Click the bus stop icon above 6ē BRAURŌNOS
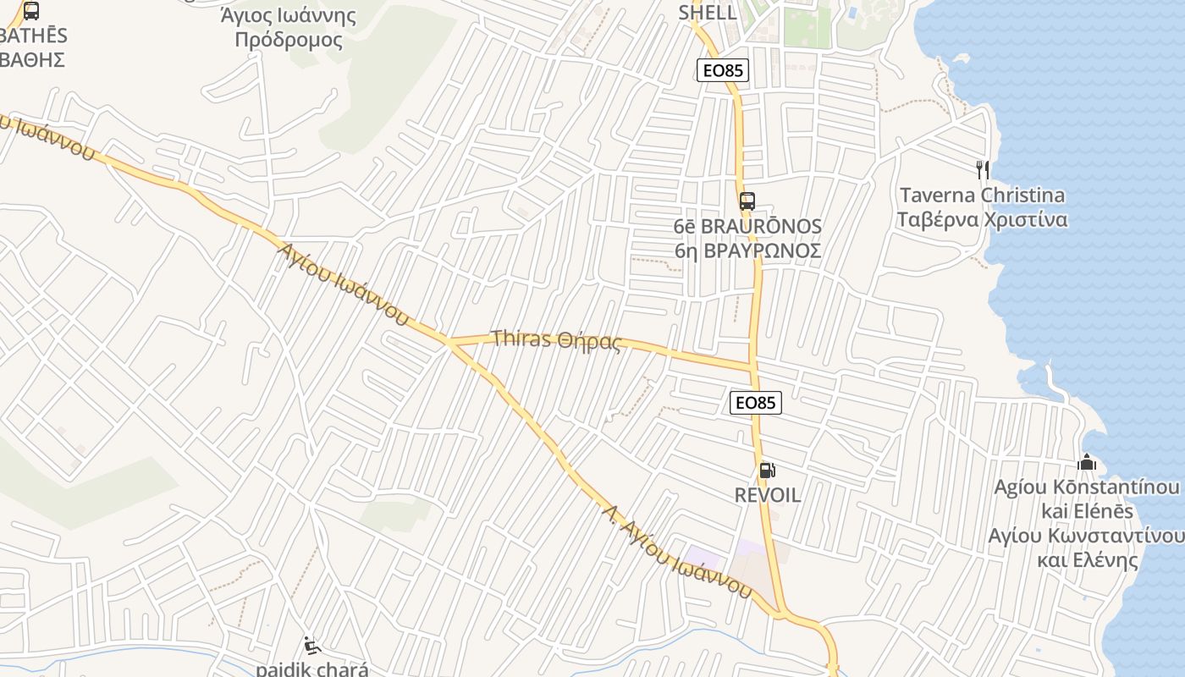pyautogui.click(x=747, y=201)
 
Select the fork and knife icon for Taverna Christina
pyautogui.click(x=982, y=170)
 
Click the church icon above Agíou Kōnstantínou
pyautogui.click(x=1087, y=463)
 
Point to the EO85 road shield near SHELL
pyautogui.click(x=723, y=70)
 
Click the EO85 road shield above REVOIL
pyautogui.click(x=755, y=403)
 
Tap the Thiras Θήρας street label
pyautogui.click(x=557, y=340)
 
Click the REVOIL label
pyautogui.click(x=768, y=495)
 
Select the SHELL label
pyautogui.click(x=708, y=13)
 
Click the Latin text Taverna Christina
pyautogui.click(x=982, y=195)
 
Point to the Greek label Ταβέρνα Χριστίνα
pyautogui.click(x=982, y=220)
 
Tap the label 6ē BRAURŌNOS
pyautogui.click(x=747, y=227)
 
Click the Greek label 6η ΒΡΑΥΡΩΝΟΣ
pyautogui.click(x=747, y=251)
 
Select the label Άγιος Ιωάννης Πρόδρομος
pyautogui.click(x=289, y=28)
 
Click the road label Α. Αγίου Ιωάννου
pyautogui.click(x=677, y=550)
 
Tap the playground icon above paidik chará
pyautogui.click(x=312, y=646)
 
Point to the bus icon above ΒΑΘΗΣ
pyautogui.click(x=31, y=11)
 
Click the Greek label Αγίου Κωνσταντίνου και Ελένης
pyautogui.click(x=1087, y=548)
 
